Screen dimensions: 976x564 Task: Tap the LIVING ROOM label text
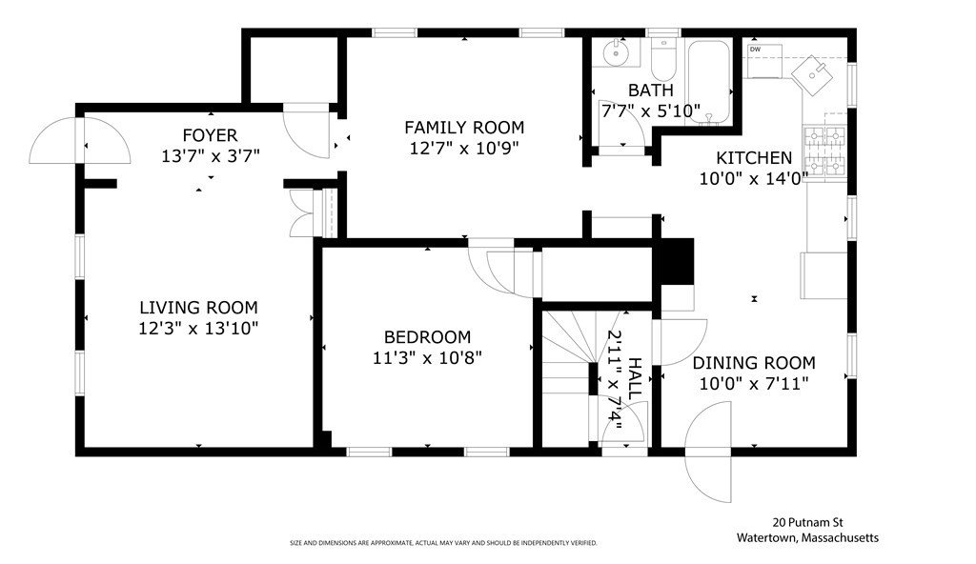[x=198, y=308]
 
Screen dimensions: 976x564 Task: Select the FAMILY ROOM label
[x=464, y=128]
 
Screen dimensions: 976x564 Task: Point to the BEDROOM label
[x=427, y=337]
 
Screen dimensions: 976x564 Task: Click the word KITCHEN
[x=754, y=158]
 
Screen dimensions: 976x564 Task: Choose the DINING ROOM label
[x=754, y=363]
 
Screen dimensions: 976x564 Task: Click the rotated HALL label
[x=634, y=378]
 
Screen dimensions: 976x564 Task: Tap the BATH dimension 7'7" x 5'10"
[x=650, y=111]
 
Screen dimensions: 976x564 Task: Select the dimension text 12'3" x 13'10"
[x=198, y=328]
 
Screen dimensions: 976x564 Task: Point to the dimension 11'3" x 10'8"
[x=427, y=358]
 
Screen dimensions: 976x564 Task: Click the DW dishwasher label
[x=755, y=50]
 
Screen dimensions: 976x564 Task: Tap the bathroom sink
[x=617, y=52]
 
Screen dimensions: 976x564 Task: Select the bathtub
[x=709, y=82]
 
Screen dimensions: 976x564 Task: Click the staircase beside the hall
[x=566, y=377]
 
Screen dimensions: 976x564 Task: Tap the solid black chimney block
[x=676, y=261]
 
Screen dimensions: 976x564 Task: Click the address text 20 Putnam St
[x=808, y=523]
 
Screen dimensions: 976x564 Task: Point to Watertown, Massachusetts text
[x=808, y=538]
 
